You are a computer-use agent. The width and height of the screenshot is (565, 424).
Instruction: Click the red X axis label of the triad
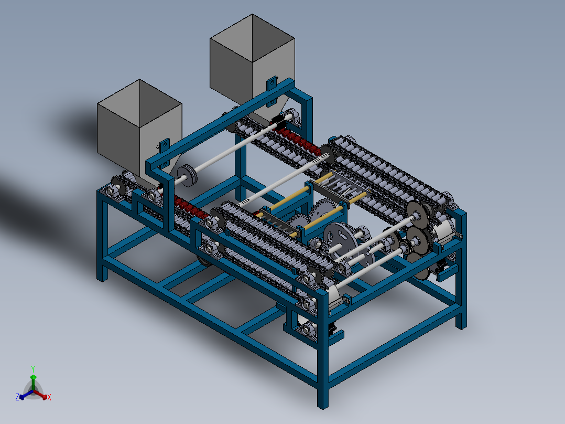[49, 398]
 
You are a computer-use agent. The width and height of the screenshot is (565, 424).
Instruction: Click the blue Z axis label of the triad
[17, 398]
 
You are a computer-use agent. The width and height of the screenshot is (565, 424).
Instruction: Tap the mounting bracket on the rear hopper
[271, 84]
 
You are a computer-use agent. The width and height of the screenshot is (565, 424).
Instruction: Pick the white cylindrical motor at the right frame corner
[442, 231]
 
